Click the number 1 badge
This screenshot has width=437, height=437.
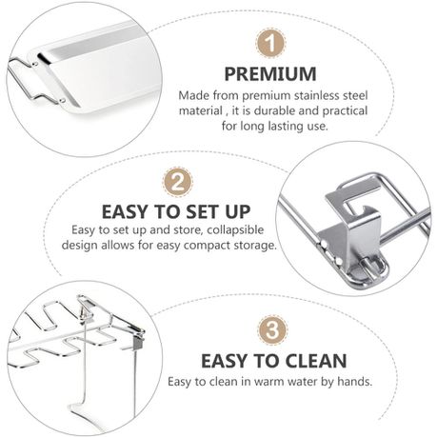pyautogui.click(x=270, y=44)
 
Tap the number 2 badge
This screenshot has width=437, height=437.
pyautogui.click(x=177, y=183)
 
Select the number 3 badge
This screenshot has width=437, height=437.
pyautogui.click(x=272, y=330)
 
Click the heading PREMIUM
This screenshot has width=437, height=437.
pyautogui.click(x=270, y=73)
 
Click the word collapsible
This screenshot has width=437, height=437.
pyautogui.click(x=235, y=230)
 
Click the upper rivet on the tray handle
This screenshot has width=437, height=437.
pyautogui.click(x=35, y=64)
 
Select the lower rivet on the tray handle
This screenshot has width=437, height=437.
pyautogui.click(x=62, y=101)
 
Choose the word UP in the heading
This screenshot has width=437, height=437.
pyautogui.click(x=238, y=211)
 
